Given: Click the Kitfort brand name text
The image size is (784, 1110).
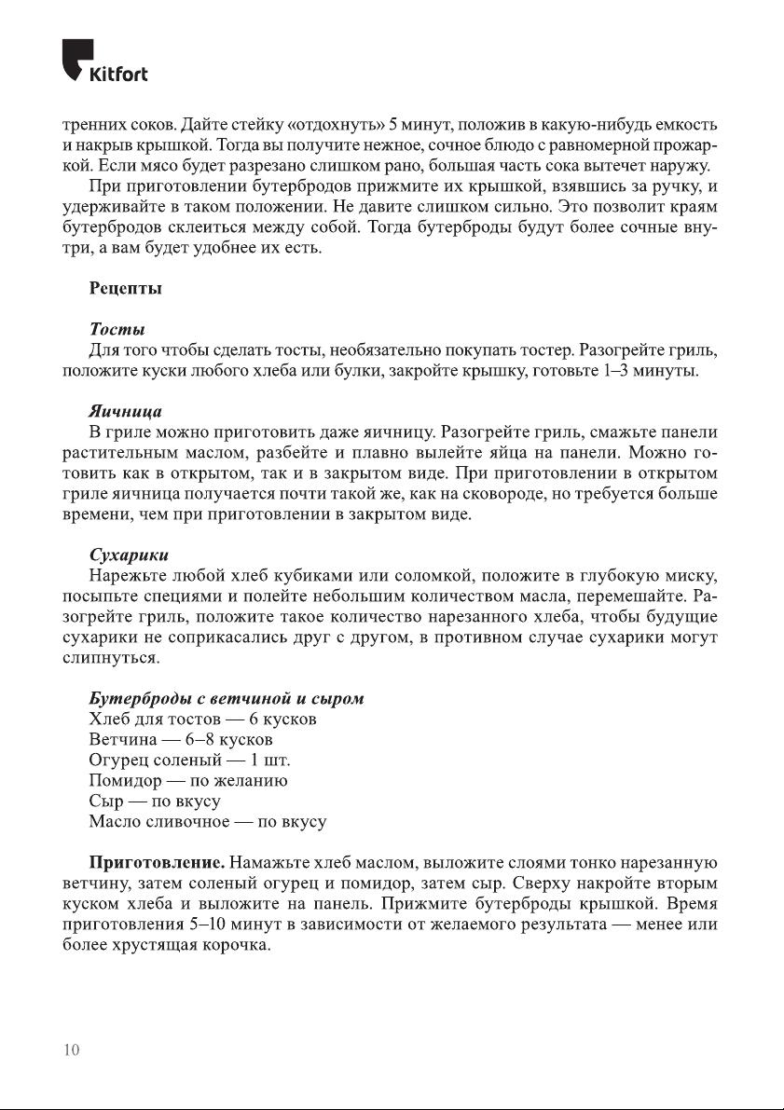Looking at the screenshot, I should pyautogui.click(x=117, y=74).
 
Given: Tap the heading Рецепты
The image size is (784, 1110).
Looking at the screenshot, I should pyautogui.click(x=126, y=289).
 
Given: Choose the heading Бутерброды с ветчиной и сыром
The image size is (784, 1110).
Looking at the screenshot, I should pyautogui.click(x=226, y=698).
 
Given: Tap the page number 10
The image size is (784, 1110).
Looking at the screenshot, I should pyautogui.click(x=71, y=1050).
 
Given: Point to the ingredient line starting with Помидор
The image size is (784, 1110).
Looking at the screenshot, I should pyautogui.click(x=187, y=781).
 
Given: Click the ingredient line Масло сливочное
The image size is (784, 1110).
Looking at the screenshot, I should pyautogui.click(x=207, y=822).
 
